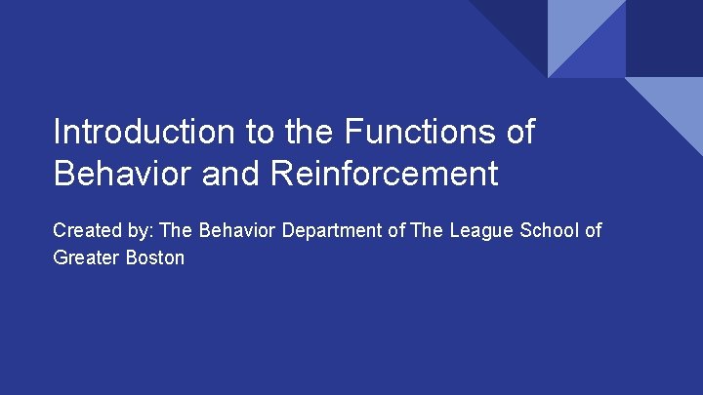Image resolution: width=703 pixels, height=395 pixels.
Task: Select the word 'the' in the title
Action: click(308, 132)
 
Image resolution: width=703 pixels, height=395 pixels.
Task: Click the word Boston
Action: click(153, 259)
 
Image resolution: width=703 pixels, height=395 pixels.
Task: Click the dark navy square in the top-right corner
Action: click(664, 38)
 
